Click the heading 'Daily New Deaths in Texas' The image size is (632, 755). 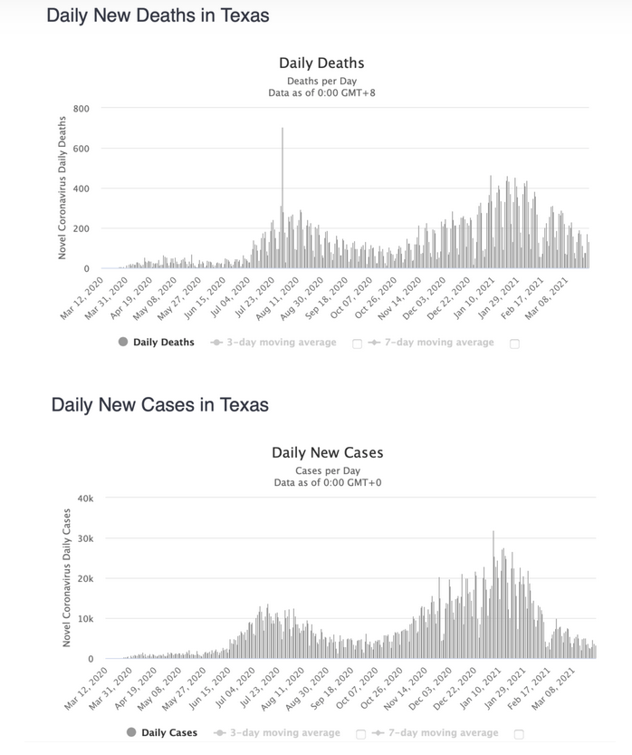click(x=158, y=15)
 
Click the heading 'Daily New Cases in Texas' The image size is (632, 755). click(x=160, y=404)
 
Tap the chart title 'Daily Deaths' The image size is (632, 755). click(x=321, y=63)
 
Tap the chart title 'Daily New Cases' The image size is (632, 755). click(x=327, y=452)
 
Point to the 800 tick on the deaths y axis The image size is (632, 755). click(x=81, y=109)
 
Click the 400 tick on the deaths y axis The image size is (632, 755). click(x=81, y=189)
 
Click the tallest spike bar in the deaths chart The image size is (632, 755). click(x=282, y=199)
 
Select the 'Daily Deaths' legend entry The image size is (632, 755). click(x=156, y=343)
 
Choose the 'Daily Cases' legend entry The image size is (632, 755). click(x=161, y=732)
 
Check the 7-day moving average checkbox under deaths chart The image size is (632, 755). click(x=515, y=344)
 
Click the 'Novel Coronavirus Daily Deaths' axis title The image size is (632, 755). click(x=62, y=187)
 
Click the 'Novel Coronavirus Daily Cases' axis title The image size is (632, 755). click(x=65, y=577)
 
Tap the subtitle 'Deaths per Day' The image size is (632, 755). click(x=321, y=81)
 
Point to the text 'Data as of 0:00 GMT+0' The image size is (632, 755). click(x=327, y=483)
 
